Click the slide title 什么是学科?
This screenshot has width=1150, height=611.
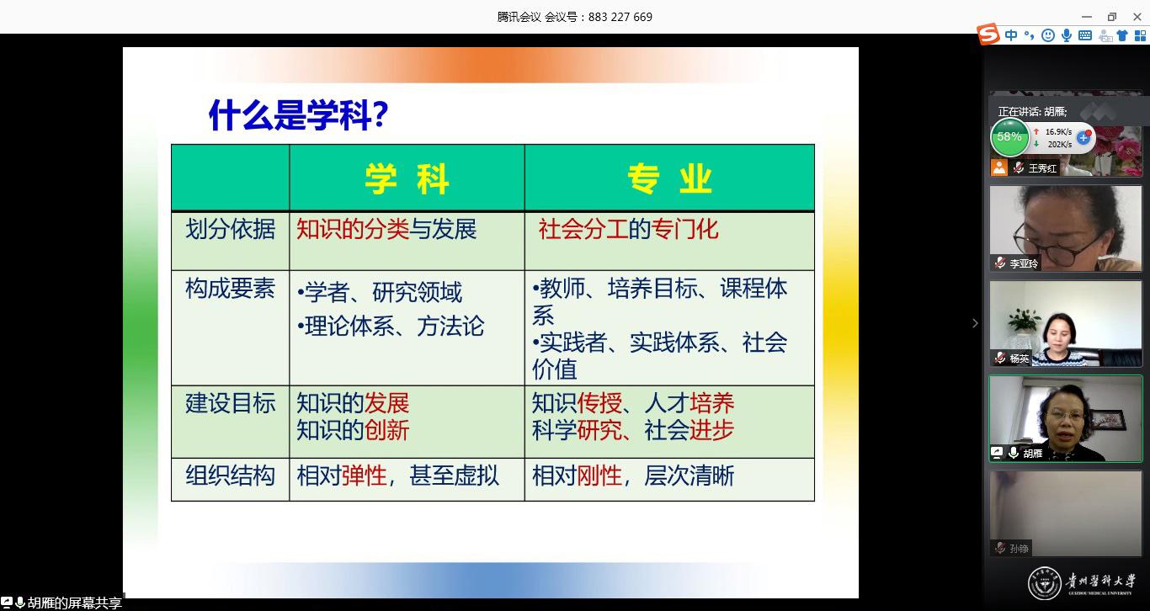click(298, 115)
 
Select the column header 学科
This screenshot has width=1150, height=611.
click(407, 179)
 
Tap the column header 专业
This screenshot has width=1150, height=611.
click(669, 179)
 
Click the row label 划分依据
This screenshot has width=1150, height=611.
click(230, 229)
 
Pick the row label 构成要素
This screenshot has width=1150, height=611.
click(230, 289)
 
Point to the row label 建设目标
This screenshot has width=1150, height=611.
click(230, 403)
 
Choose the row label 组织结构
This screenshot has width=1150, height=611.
click(230, 475)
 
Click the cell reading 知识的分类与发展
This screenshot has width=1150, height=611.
click(386, 229)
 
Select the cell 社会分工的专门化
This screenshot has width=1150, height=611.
click(628, 229)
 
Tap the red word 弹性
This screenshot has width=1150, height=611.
click(364, 475)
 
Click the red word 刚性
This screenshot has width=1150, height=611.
click(599, 475)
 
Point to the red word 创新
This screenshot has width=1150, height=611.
click(386, 430)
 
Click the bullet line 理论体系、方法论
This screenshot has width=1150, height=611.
click(391, 326)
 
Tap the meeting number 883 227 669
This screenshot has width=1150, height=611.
click(620, 17)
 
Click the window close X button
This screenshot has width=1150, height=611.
click(1137, 17)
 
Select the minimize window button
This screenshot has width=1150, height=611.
click(1087, 17)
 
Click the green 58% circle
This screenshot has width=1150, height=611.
click(1009, 137)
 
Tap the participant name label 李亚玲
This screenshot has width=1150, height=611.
click(1024, 263)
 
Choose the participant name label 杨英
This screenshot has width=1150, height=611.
click(1019, 358)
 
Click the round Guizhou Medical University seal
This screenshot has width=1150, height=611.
click(1044, 583)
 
